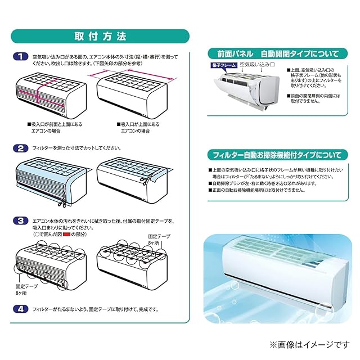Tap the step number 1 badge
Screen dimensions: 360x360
pyautogui.click(x=20, y=57)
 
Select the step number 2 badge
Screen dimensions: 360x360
pyautogui.click(x=20, y=148)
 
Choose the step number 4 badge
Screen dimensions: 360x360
pyautogui.click(x=20, y=308)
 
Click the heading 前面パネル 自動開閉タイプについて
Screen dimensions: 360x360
pyautogui.click(x=274, y=54)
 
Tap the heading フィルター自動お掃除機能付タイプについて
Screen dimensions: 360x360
pyautogui.click(x=274, y=155)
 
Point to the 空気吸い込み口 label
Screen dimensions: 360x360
pyautogui.click(x=256, y=66)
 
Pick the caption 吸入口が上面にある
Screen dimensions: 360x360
pyautogui.click(x=141, y=124)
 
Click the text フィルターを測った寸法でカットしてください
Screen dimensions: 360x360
pyautogui.click(x=76, y=148)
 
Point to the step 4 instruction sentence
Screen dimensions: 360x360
pyautogui.click(x=96, y=309)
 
